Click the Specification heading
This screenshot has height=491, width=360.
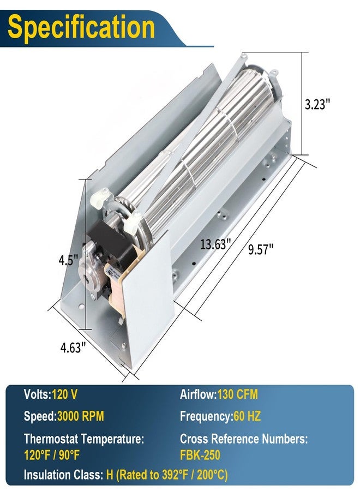pos(81,27)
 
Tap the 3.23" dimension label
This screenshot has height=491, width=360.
pos(317,104)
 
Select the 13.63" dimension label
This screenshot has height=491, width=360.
pos(215,244)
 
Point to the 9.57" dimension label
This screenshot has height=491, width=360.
pos(261,249)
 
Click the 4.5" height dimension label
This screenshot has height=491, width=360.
pos(68,260)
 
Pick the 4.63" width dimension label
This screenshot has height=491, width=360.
pos(73,348)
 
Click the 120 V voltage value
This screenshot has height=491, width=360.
pos(64,394)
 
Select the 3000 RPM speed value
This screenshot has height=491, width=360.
pos(80,416)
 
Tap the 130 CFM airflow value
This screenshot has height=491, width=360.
pos(238,394)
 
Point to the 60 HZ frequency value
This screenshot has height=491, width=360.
pos(247,416)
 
